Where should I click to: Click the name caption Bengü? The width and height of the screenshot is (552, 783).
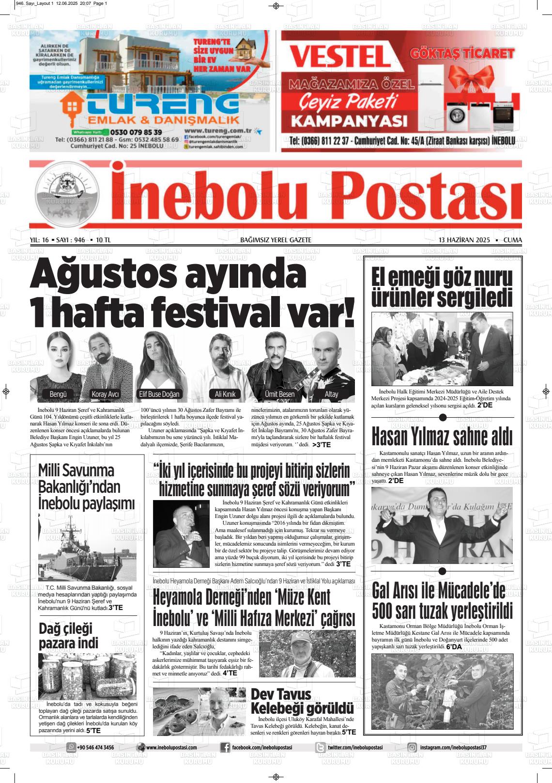pyautogui.click(x=58, y=394)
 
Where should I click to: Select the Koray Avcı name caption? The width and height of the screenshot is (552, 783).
pyautogui.click(x=105, y=394)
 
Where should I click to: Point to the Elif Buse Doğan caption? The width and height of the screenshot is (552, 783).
pyautogui.click(x=159, y=394)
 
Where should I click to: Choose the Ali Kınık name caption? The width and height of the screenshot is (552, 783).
pyautogui.click(x=225, y=394)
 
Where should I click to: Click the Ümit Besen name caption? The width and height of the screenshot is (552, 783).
pyautogui.click(x=279, y=394)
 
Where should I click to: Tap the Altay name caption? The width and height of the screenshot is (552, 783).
pyautogui.click(x=331, y=394)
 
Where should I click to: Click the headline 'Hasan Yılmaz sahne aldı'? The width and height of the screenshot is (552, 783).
pyautogui.click(x=442, y=437)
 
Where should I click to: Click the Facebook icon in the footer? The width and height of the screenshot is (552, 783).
pyautogui.click(x=225, y=748)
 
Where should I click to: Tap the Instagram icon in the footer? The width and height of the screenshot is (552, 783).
pyautogui.click(x=412, y=748)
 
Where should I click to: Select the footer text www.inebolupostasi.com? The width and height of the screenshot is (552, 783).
pyautogui.click(x=171, y=748)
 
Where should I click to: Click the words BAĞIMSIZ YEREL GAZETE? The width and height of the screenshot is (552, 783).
pyautogui.click(x=276, y=240)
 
